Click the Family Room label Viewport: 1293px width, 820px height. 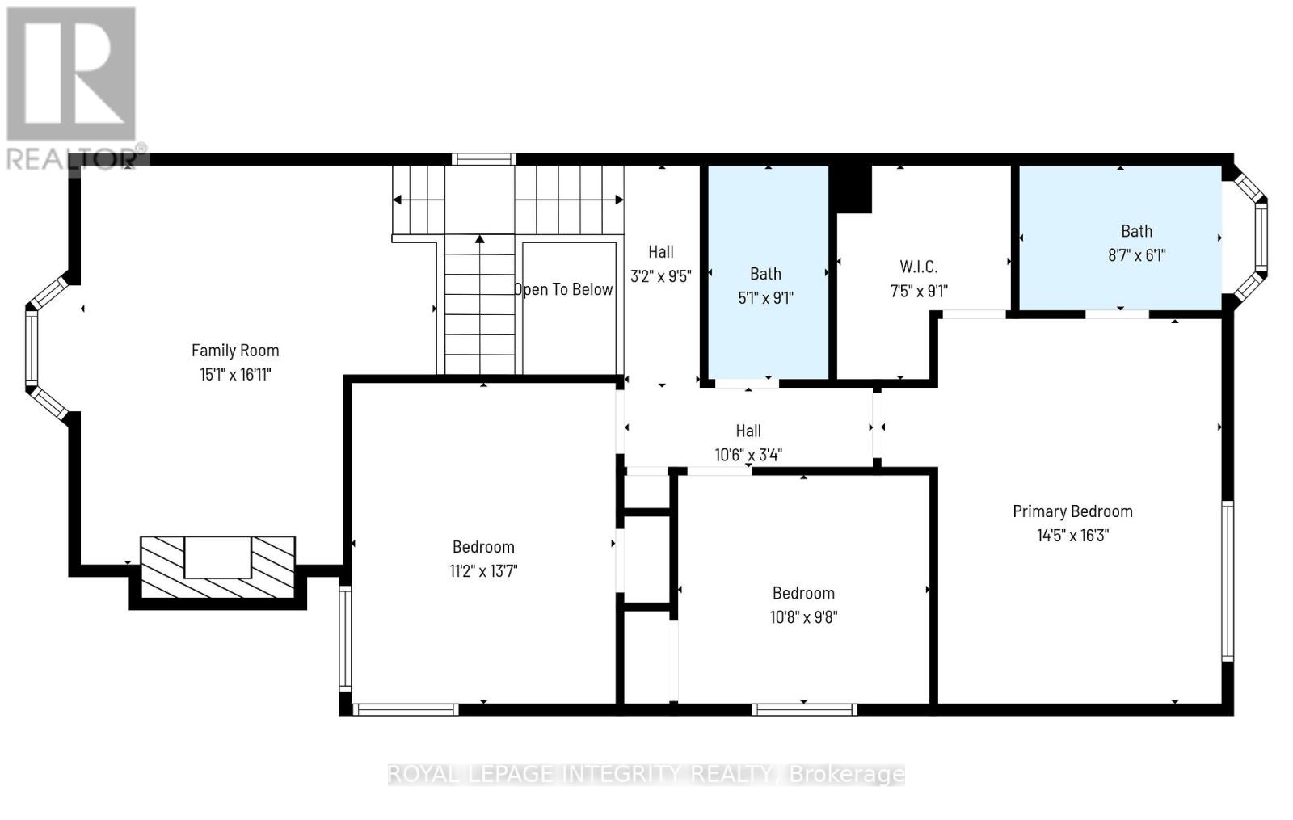click(235, 351)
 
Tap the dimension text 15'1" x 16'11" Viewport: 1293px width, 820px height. click(235, 375)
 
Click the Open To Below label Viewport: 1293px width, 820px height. click(564, 289)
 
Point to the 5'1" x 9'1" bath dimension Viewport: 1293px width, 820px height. click(765, 298)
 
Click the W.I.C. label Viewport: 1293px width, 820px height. click(919, 267)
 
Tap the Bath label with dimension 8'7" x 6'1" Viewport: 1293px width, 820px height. click(1136, 231)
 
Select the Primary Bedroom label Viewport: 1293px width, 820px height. click(1072, 511)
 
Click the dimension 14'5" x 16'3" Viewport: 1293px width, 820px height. click(1072, 536)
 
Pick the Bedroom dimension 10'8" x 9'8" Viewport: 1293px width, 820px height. click(803, 617)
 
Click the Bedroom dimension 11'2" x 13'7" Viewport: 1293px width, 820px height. click(483, 571)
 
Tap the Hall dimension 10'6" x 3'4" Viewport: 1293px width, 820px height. click(748, 456)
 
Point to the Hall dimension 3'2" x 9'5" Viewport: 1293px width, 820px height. click(661, 276)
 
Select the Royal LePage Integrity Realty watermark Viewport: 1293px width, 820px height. click(646, 775)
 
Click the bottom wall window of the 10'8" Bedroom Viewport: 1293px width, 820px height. click(804, 710)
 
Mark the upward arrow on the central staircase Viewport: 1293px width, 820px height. click(480, 240)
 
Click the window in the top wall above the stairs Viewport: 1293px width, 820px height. click(483, 159)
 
